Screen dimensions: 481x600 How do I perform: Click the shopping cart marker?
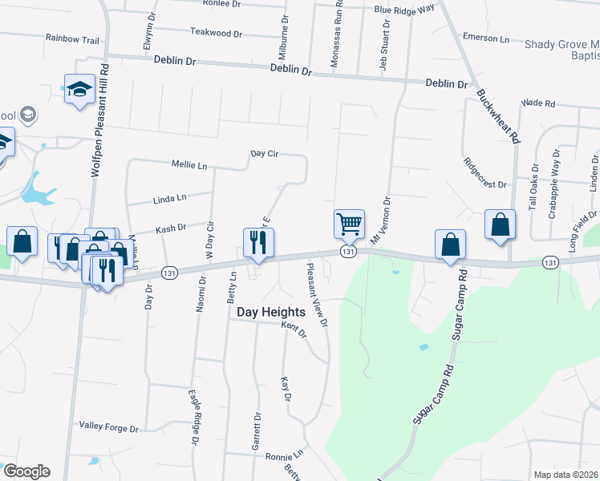click(349, 225)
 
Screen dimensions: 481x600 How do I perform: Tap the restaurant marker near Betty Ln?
click(258, 244)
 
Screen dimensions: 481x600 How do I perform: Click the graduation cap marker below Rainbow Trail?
click(79, 90)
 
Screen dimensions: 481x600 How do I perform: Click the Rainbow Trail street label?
click(72, 38)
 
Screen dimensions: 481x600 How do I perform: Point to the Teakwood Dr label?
click(216, 33)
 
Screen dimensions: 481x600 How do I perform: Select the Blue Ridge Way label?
click(403, 9)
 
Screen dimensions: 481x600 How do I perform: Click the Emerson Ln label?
click(486, 38)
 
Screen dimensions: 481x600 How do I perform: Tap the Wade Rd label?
click(537, 103)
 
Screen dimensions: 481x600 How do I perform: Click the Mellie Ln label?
click(189, 165)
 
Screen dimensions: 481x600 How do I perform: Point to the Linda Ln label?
click(169, 197)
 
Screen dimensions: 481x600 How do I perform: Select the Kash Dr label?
click(171, 228)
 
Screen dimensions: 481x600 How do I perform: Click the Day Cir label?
click(264, 152)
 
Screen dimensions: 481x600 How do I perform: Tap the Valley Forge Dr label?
click(109, 427)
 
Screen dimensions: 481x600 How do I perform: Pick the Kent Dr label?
click(294, 329)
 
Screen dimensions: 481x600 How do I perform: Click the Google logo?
click(26, 471)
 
